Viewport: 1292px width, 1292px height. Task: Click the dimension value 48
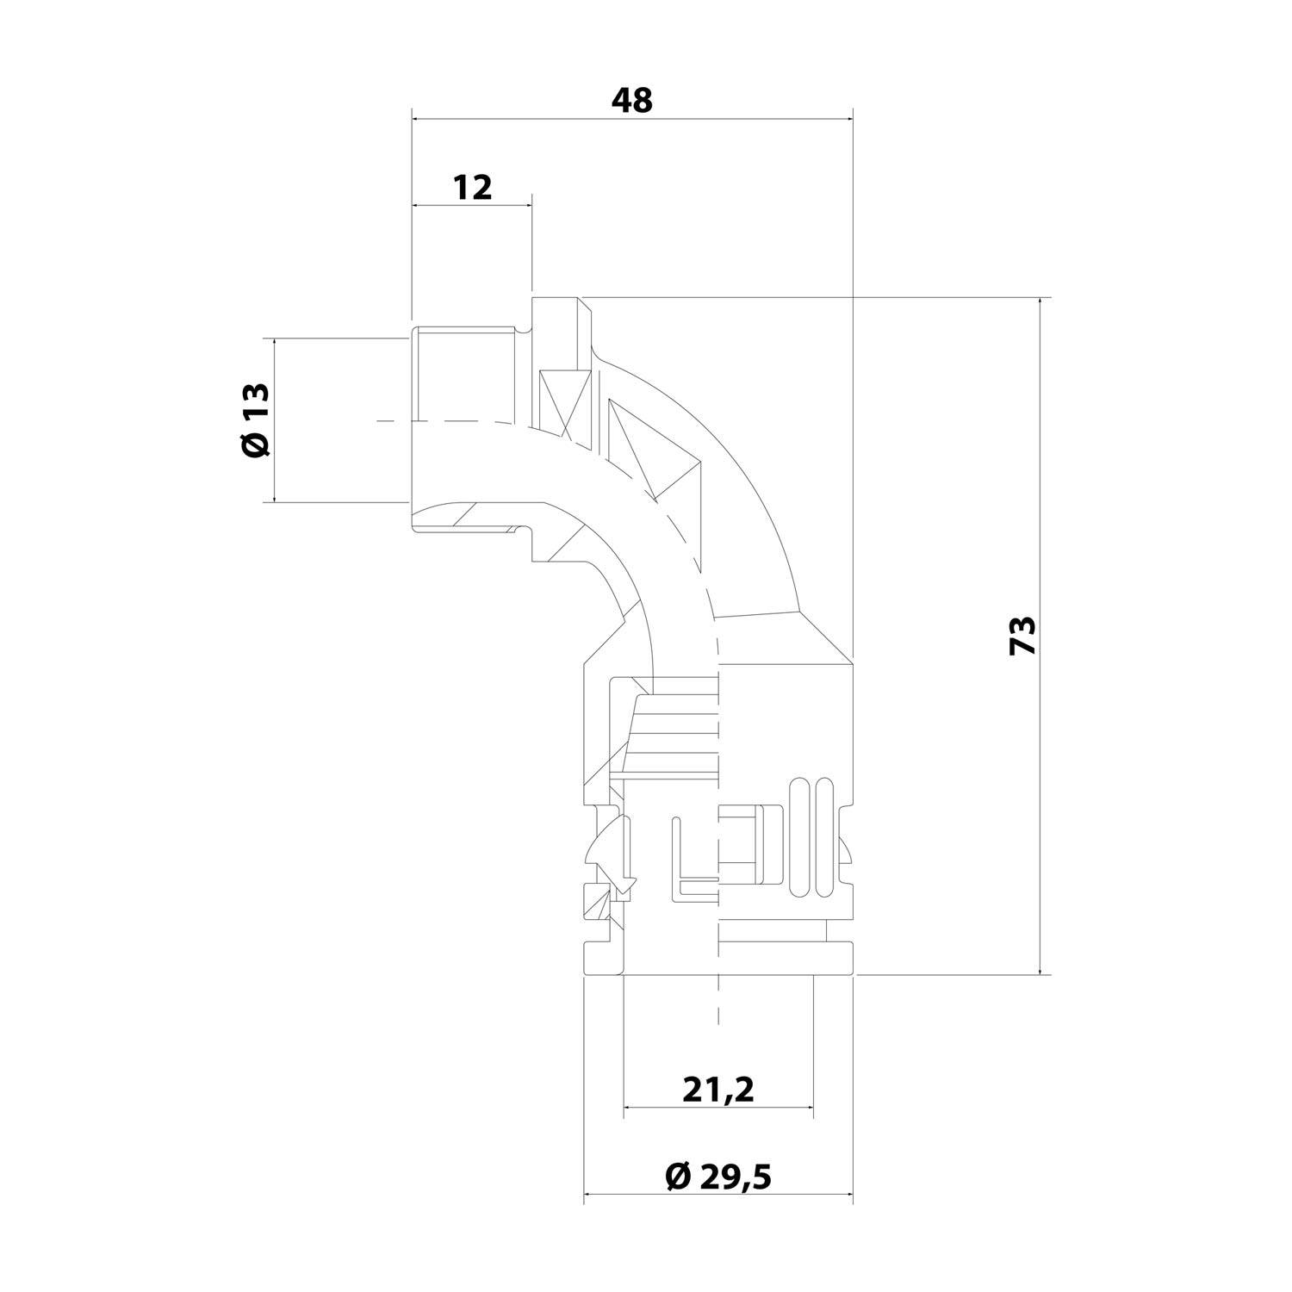(x=632, y=101)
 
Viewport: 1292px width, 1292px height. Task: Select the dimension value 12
(x=473, y=187)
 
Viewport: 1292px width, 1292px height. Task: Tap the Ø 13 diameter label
(x=256, y=419)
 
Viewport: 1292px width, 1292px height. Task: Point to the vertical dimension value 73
(x=1022, y=637)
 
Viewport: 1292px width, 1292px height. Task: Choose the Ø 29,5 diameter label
(x=718, y=1176)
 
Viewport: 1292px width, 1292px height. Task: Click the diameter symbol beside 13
(x=256, y=445)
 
